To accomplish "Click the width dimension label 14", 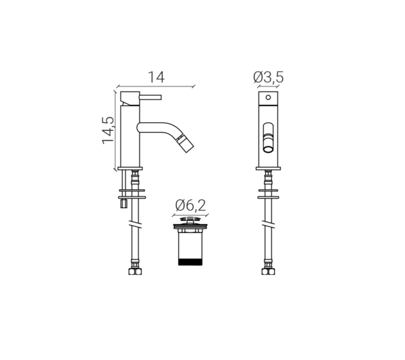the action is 157,77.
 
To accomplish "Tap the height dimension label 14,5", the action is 108,130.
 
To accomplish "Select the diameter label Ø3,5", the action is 269,77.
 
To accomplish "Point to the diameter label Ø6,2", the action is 190,205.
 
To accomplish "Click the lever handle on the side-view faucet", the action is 151,97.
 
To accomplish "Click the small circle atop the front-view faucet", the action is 269,97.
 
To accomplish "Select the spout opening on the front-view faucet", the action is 269,149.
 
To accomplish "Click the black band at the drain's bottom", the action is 190,261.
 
